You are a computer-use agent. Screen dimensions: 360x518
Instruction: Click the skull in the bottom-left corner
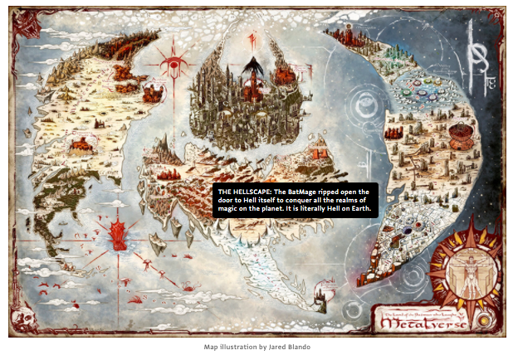point(21,318)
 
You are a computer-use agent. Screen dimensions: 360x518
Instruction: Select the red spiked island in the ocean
point(119,231)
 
